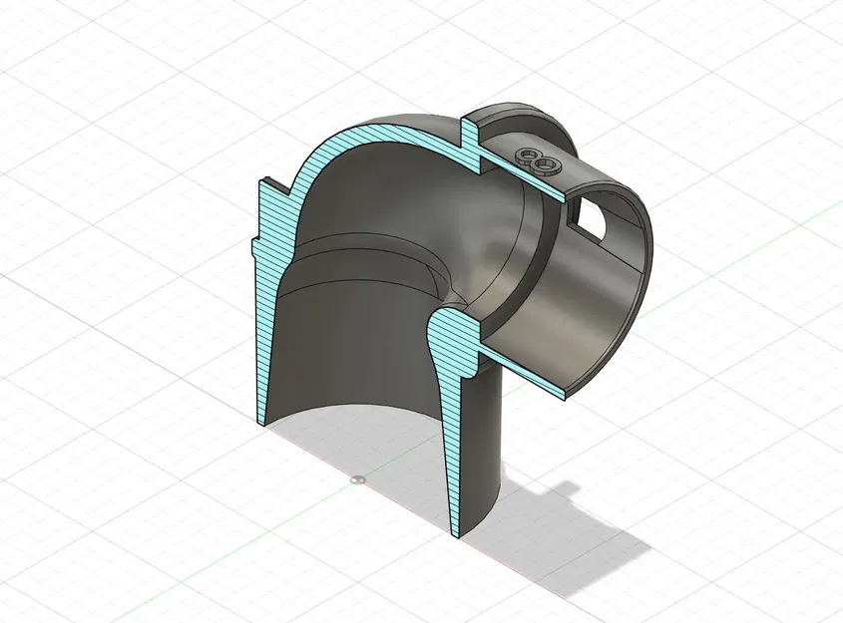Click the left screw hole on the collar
525,155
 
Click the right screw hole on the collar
544,162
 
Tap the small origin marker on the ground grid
358,480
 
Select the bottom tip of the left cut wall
261,419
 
